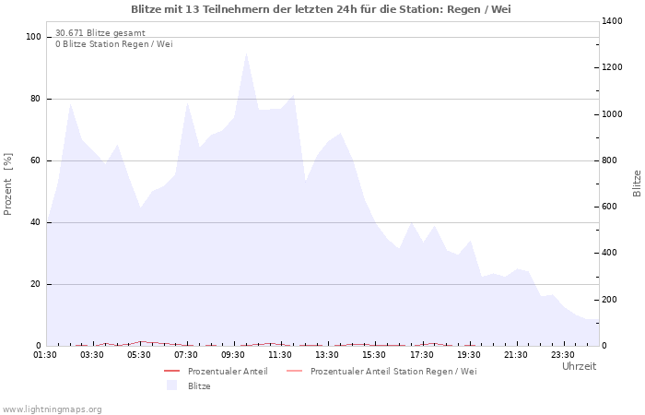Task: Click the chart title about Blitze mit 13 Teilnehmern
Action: pyautogui.click(x=321, y=9)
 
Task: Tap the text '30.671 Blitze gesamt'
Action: pyautogui.click(x=100, y=33)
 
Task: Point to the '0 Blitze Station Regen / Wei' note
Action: pyautogui.click(x=113, y=44)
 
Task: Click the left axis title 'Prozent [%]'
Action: pyautogui.click(x=9, y=184)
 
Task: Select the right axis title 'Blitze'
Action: pyautogui.click(x=637, y=183)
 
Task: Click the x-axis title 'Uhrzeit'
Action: pyautogui.click(x=579, y=366)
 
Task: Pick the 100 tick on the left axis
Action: pyautogui.click(x=34, y=37)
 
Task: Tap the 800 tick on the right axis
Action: pyautogui.click(x=612, y=160)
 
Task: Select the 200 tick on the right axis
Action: pyautogui.click(x=612, y=300)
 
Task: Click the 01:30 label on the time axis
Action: pyautogui.click(x=45, y=354)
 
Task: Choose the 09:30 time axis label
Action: pyautogui.click(x=234, y=354)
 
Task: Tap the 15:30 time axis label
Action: pyautogui.click(x=375, y=354)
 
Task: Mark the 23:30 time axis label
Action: pyautogui.click(x=563, y=354)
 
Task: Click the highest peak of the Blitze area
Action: pyautogui.click(x=246, y=53)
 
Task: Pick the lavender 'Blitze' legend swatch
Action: pyautogui.click(x=171, y=385)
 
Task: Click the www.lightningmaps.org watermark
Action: pyautogui.click(x=53, y=409)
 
